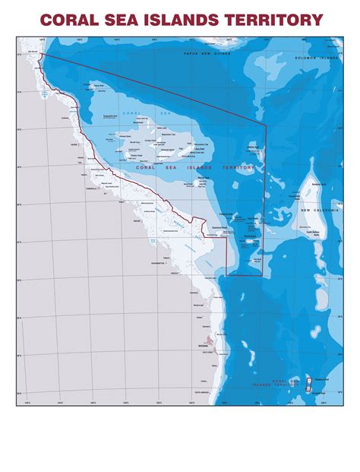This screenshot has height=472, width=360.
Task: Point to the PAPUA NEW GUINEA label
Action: (206, 55)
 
